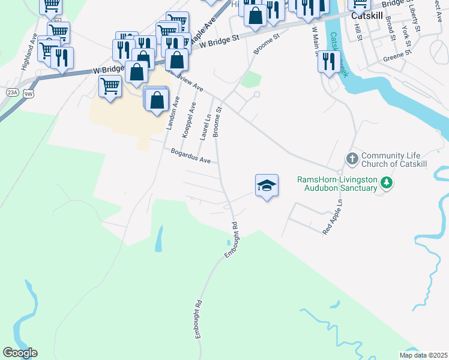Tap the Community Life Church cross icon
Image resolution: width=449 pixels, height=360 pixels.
(x=352, y=159)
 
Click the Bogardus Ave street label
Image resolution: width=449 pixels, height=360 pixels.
(x=190, y=157)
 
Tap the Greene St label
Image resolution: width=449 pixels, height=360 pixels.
(x=397, y=56)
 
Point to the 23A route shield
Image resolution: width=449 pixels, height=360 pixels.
(x=13, y=92)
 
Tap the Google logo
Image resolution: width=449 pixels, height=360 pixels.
(x=20, y=352)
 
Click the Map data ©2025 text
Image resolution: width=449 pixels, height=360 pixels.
(x=423, y=355)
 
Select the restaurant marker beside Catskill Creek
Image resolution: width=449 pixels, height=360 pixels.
(x=329, y=62)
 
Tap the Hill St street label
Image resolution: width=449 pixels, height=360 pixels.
(x=359, y=35)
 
